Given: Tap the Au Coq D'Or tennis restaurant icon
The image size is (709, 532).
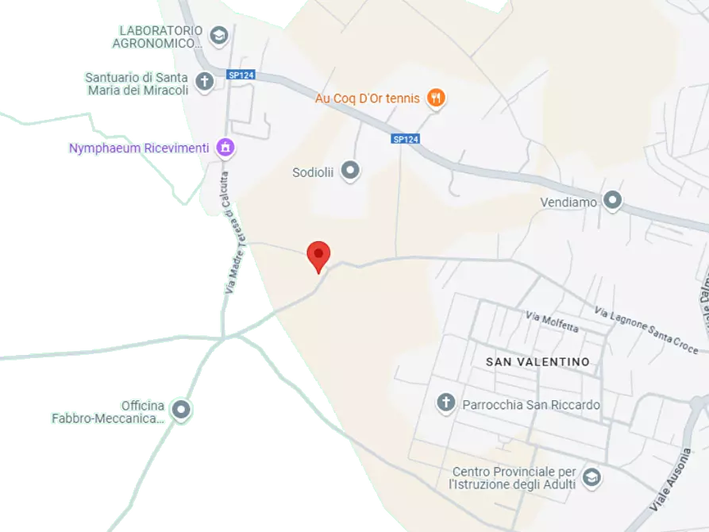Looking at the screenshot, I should (x=435, y=98).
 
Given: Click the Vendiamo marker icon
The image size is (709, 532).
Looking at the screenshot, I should (x=612, y=201).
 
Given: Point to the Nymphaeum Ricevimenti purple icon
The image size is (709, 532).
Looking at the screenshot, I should (x=225, y=148).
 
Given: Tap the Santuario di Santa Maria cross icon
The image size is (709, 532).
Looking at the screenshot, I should (x=205, y=82).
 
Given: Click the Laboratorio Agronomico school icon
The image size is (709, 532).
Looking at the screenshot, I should (x=218, y=36).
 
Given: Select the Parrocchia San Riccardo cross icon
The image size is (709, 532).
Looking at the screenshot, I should (x=446, y=403).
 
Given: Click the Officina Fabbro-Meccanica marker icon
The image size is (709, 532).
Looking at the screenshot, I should (x=182, y=410).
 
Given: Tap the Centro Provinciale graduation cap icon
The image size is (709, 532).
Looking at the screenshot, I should (x=591, y=477).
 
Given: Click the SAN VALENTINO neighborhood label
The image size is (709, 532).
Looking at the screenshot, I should (x=538, y=362).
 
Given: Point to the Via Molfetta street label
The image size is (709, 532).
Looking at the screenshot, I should (x=552, y=322).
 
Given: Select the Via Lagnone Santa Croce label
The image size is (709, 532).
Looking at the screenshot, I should (x=646, y=330).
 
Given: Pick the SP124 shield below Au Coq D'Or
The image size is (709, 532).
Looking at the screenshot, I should (x=405, y=139).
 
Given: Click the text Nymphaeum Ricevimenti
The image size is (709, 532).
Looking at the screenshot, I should (x=139, y=148).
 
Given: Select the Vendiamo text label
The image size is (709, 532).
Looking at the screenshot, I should (x=568, y=202).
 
